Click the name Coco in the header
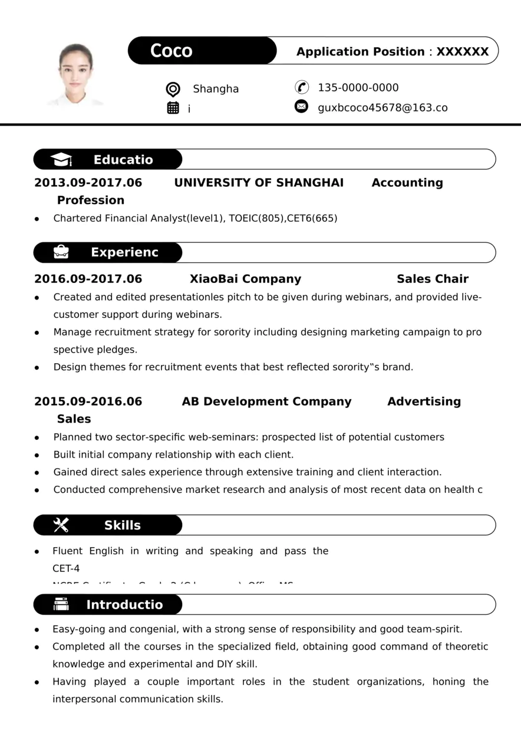click(x=172, y=51)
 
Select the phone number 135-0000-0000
click(x=358, y=88)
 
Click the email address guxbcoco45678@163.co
click(x=382, y=107)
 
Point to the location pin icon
click(x=173, y=89)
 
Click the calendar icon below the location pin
click(x=173, y=108)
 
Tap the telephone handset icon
click(x=302, y=87)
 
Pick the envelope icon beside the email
click(x=301, y=107)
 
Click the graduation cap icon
click(x=61, y=160)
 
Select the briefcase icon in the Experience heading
click(x=61, y=252)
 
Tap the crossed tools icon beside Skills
click(x=61, y=525)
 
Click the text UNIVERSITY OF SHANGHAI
click(x=259, y=183)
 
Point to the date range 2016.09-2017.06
click(x=88, y=279)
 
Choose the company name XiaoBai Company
click(x=245, y=279)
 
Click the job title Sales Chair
click(x=433, y=279)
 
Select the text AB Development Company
click(x=266, y=402)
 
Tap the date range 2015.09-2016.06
click(x=88, y=402)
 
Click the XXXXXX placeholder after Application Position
click(x=463, y=52)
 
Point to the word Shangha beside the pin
click(x=216, y=89)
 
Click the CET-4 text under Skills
click(x=66, y=568)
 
